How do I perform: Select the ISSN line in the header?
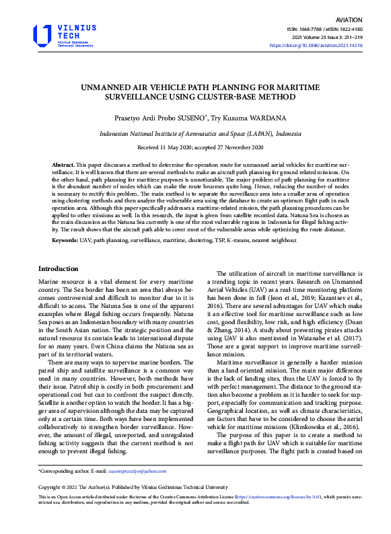coord(325,30)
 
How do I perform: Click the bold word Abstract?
coord(64,165)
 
